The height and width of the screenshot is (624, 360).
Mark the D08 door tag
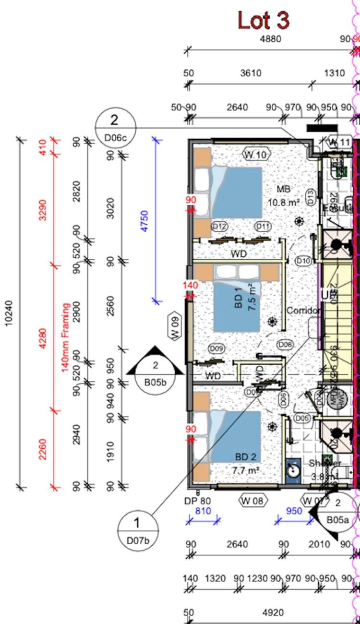pyautogui.click(x=285, y=344)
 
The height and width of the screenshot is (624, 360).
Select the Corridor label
pyautogui.click(x=303, y=311)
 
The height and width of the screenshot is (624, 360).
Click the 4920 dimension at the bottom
pyautogui.click(x=273, y=612)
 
